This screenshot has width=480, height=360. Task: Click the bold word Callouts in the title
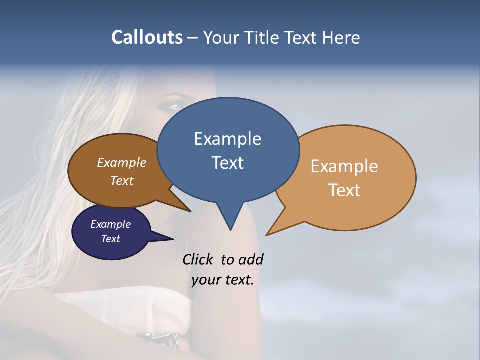[147, 37]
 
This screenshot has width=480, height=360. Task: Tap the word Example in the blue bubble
[227, 139]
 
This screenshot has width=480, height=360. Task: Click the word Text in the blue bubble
[227, 162]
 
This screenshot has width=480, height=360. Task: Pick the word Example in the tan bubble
[344, 166]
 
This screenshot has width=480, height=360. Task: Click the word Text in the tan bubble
[344, 190]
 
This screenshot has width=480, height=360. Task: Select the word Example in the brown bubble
[122, 162]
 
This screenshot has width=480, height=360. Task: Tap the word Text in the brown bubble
[122, 180]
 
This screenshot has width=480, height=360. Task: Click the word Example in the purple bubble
[111, 224]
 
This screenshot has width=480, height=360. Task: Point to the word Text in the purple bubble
[111, 239]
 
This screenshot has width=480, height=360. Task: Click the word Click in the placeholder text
[198, 260]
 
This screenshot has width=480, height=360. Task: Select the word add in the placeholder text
[251, 260]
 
